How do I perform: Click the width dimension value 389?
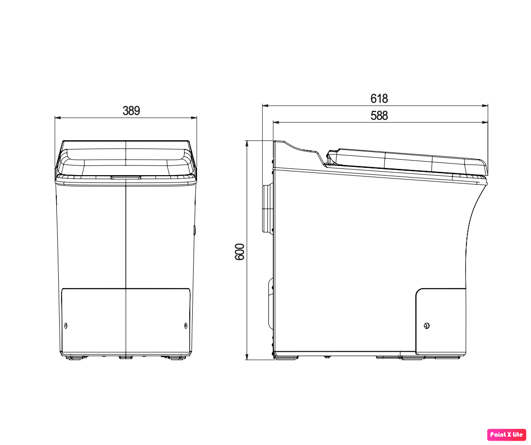point(131,111)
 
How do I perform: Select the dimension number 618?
point(379,99)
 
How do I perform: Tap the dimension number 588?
point(379,115)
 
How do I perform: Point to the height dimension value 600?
point(239,252)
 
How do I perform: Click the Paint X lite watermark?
point(506,434)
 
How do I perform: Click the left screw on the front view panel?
point(66,326)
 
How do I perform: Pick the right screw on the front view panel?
point(185,326)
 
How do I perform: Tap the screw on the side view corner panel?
point(427,326)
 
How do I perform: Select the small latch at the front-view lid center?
point(126,177)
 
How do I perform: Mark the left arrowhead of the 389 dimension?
point(58,118)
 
